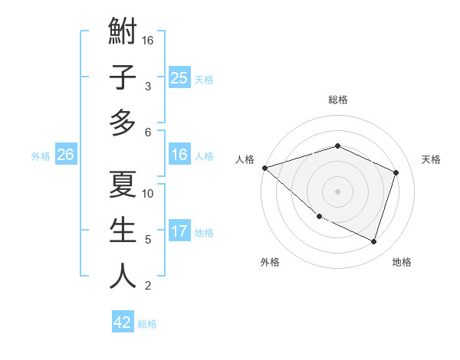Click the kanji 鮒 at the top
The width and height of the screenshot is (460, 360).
pos(123,35)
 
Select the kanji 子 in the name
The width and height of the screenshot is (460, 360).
pos(123,78)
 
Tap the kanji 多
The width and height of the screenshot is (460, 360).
pos(123,122)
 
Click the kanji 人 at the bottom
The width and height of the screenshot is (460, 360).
pos(123,277)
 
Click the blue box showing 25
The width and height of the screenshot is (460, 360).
pos(179,78)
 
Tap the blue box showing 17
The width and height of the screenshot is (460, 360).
pos(179,232)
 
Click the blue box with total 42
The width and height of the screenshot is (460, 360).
pos(123,322)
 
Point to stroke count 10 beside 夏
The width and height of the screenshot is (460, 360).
pos(149,193)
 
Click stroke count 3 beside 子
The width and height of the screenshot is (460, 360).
pos(148,86)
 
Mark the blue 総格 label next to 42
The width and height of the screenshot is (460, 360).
pos(147,324)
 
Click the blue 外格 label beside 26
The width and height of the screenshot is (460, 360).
pos(41,156)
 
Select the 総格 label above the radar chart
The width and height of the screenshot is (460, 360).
pos(337,100)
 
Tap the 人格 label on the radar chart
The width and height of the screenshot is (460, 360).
pos(245,159)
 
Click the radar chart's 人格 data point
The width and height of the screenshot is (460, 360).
pos(264,167)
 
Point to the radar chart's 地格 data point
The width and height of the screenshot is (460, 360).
pos(373,241)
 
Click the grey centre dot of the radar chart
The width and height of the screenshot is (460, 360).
pos(337,191)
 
